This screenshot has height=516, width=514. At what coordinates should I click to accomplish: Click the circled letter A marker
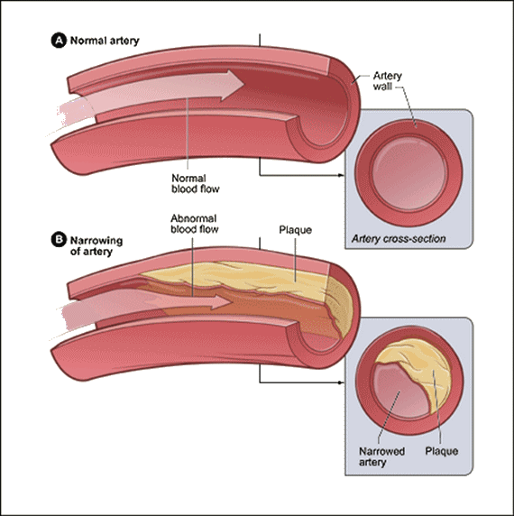coord(60,41)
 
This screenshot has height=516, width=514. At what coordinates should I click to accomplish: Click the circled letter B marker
coord(60,240)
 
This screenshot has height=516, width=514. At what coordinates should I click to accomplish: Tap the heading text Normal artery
coord(101,41)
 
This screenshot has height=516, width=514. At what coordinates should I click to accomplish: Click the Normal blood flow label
coord(195,184)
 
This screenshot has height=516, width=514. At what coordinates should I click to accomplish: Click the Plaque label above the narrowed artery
coord(295,230)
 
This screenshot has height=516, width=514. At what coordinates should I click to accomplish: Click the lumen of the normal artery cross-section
coord(408,174)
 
